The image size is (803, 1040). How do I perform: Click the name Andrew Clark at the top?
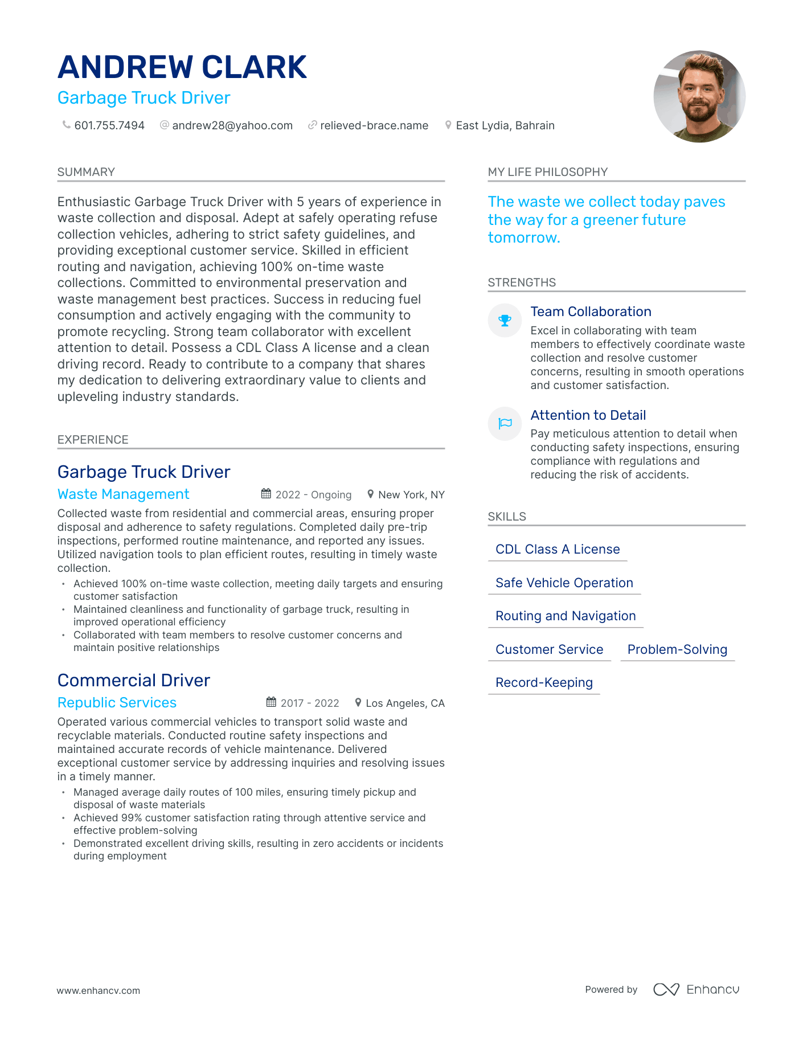[x=182, y=67]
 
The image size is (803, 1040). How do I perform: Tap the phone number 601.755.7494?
[x=109, y=125]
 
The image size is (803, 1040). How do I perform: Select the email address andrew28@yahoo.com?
[x=232, y=125]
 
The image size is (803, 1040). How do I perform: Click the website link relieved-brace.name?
[x=374, y=125]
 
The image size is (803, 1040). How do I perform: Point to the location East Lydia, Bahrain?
[x=505, y=125]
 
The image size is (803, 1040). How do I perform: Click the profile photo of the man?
[x=699, y=96]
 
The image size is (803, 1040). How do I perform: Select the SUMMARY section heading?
[x=86, y=172]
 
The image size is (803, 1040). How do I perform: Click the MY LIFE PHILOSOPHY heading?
[x=548, y=172]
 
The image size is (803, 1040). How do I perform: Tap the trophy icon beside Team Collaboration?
[x=505, y=321]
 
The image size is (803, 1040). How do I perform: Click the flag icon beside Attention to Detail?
[x=505, y=423]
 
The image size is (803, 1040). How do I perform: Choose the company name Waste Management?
[x=124, y=494]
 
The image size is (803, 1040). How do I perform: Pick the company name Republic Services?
[x=117, y=703]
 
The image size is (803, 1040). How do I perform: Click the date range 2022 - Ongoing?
[x=313, y=495]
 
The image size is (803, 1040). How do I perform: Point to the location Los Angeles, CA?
[x=405, y=703]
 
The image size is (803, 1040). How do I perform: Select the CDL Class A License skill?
[x=558, y=549]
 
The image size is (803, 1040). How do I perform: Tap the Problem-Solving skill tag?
[x=677, y=649]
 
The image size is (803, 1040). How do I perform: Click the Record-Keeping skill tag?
[x=544, y=682]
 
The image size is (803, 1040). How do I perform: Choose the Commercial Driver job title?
[x=134, y=680]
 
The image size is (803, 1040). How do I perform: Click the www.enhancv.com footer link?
[x=99, y=990]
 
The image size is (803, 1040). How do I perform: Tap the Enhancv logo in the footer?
[x=697, y=989]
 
